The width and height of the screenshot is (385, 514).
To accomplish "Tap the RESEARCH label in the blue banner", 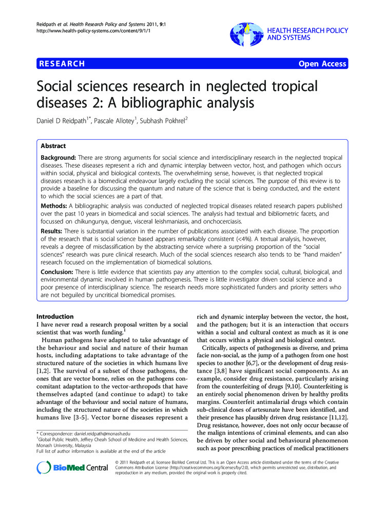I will (61, 64).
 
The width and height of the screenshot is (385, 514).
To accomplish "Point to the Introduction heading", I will (55, 317).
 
